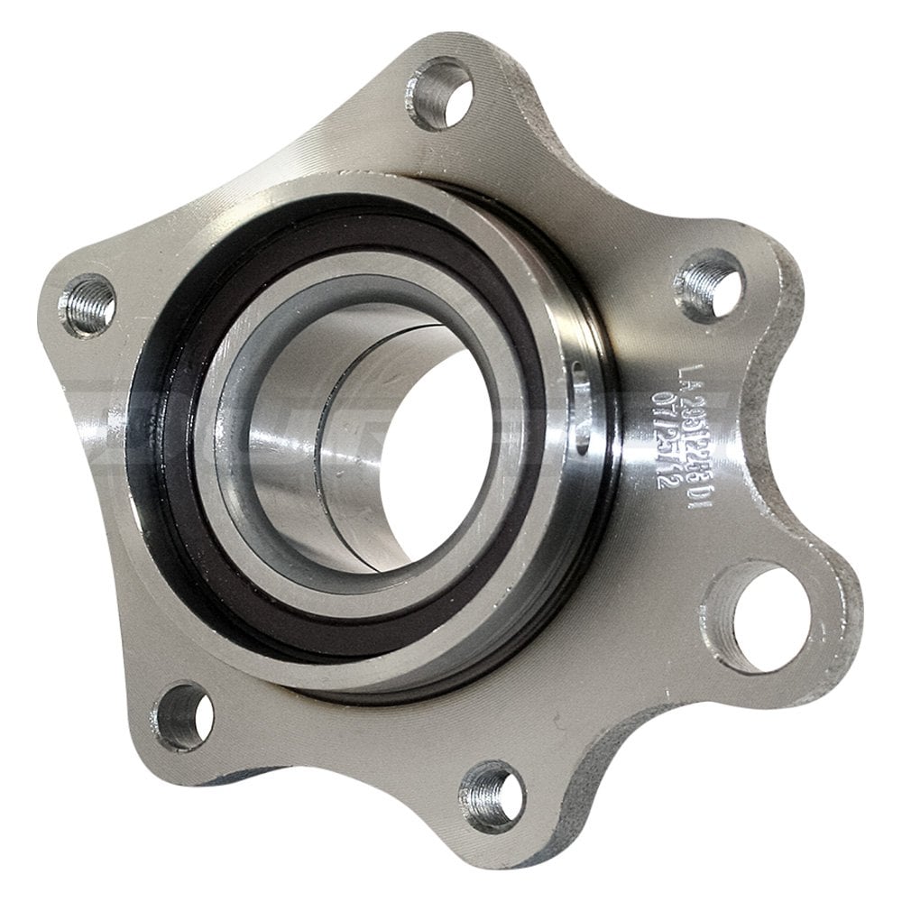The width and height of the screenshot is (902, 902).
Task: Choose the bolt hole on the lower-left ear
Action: click(x=184, y=717)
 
